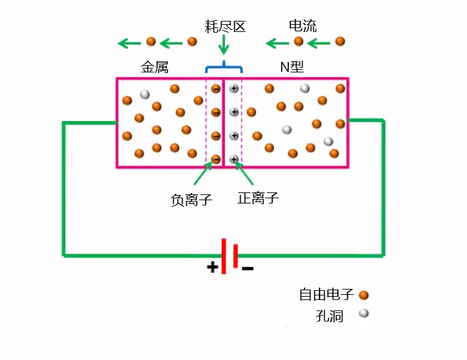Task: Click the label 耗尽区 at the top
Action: click(x=224, y=27)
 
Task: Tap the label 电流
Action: click(x=302, y=26)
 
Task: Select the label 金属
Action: click(x=155, y=67)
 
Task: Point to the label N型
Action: click(x=292, y=67)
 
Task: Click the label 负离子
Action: click(x=191, y=200)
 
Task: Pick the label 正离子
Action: click(x=258, y=198)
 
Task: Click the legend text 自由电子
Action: click(x=326, y=294)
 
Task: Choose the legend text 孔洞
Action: click(x=329, y=316)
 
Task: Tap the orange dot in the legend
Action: click(x=364, y=295)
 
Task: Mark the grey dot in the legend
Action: click(x=364, y=314)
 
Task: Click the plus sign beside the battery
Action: click(x=213, y=267)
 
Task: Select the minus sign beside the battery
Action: click(x=248, y=267)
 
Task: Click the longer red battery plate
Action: click(x=224, y=257)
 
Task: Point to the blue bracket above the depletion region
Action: click(x=224, y=67)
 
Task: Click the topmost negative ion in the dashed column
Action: click(x=216, y=89)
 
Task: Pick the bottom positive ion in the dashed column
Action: click(x=233, y=159)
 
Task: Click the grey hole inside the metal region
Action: click(x=145, y=94)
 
